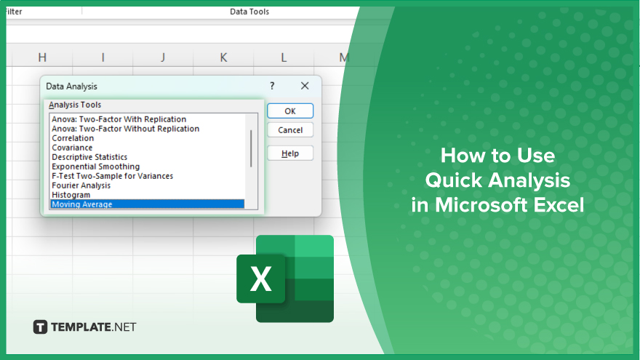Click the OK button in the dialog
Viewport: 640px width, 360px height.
[290, 111]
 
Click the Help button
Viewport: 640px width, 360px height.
[290, 153]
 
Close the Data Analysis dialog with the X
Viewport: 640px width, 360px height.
[305, 86]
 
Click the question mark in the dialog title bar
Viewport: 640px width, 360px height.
[272, 86]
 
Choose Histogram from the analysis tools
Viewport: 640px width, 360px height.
[71, 195]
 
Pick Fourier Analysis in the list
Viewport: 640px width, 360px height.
[81, 185]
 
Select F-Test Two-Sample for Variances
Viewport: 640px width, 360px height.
[112, 176]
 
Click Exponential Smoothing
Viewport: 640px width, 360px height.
[95, 167]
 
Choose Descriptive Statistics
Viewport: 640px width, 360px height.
[89, 157]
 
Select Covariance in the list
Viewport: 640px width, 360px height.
[72, 148]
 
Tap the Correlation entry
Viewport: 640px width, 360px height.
[73, 138]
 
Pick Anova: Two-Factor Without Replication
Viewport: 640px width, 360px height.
[125, 129]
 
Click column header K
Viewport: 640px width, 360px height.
[223, 57]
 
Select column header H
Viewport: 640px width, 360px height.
[42, 57]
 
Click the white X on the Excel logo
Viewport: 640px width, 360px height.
[261, 279]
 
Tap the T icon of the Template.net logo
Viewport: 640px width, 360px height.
[40, 327]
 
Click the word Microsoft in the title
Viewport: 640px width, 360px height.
[481, 205]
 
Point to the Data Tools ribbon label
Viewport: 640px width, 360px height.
[249, 12]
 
